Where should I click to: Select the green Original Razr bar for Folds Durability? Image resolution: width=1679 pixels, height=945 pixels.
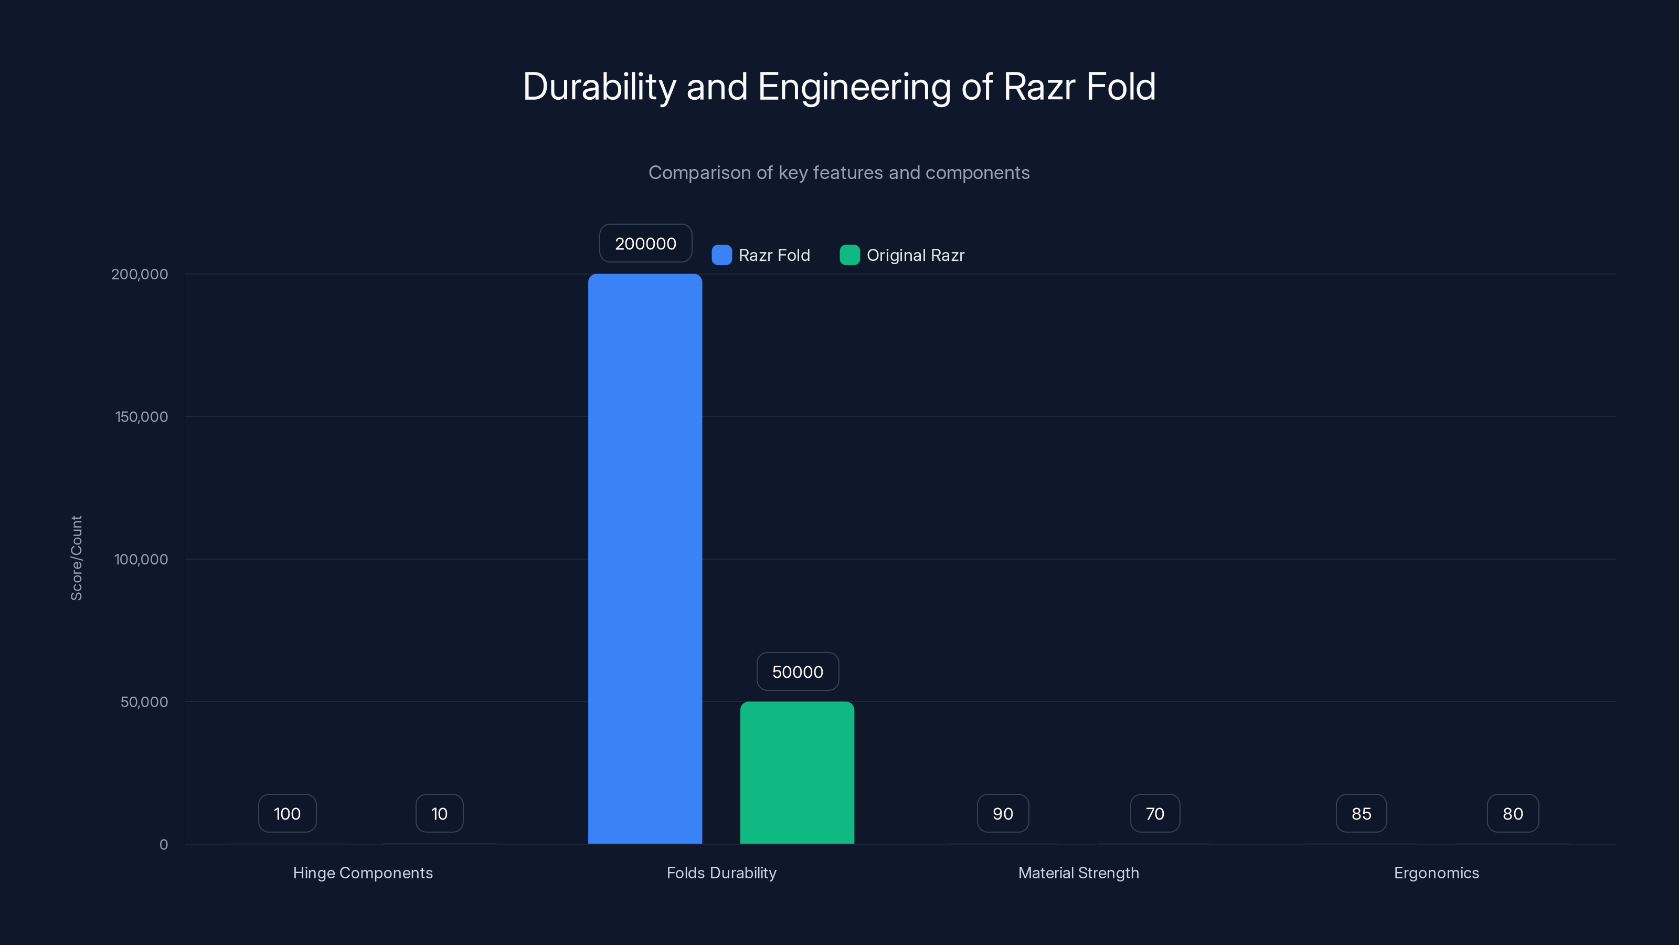796,772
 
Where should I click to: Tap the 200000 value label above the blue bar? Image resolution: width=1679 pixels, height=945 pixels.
645,243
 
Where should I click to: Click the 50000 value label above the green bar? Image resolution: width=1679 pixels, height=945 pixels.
797,672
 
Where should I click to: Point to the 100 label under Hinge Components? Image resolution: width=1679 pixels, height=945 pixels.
287,813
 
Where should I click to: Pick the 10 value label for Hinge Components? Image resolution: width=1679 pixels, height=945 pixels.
439,813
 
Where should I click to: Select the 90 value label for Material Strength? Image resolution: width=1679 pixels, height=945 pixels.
1003,813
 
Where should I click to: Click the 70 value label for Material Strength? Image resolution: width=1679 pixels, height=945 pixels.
1154,813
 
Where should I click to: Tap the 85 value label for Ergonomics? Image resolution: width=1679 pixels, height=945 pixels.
1361,813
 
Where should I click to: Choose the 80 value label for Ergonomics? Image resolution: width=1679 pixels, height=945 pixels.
1512,813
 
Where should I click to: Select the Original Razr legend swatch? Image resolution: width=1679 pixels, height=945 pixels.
849,255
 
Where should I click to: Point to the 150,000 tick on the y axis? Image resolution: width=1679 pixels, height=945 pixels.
142,417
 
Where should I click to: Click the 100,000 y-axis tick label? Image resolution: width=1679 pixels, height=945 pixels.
141,559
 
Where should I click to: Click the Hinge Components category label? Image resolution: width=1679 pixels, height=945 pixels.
363,873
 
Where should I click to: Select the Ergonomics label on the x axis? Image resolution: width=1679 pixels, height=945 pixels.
1436,873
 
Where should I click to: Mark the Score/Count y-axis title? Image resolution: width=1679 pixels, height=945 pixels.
76,558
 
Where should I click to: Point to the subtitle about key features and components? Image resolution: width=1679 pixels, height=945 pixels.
839,173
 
